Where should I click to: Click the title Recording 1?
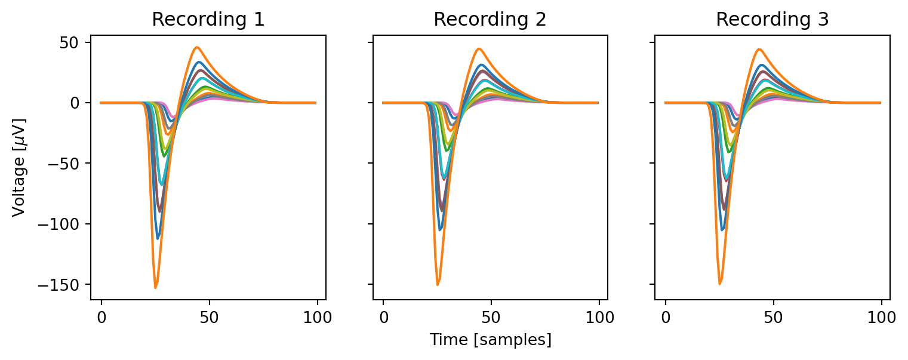click(x=208, y=20)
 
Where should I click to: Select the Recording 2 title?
click(x=490, y=20)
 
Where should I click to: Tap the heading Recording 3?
click(x=772, y=20)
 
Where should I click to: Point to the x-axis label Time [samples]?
click(x=490, y=340)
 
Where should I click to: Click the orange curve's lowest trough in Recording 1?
click(x=155, y=288)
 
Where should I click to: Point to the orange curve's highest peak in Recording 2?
click(x=479, y=49)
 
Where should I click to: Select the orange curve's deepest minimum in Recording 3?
click(x=719, y=284)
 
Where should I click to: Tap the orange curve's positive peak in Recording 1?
click(x=196, y=47)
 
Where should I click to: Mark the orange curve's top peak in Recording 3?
click(x=759, y=49)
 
